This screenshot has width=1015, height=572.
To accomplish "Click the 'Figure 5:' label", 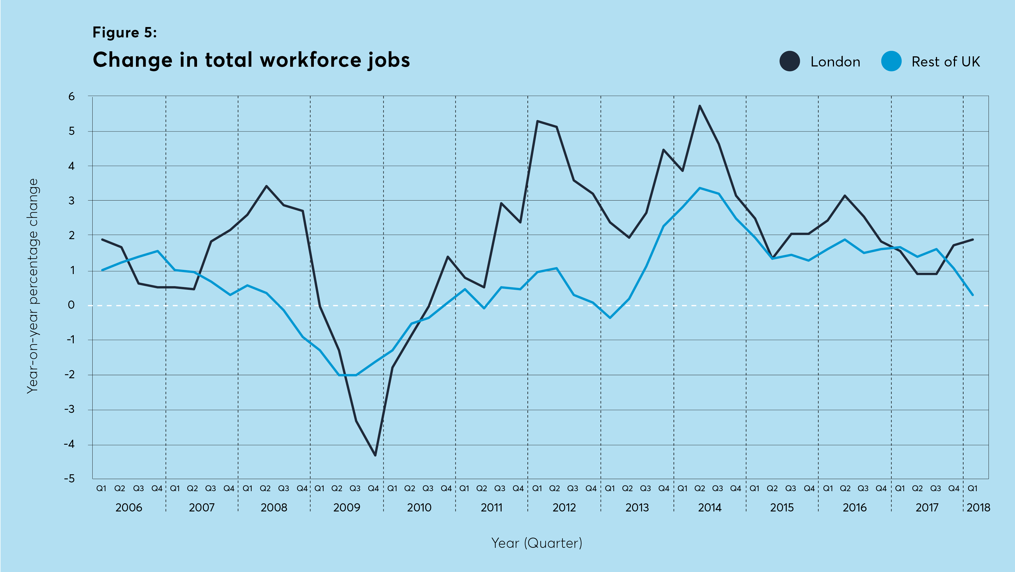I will tap(124, 33).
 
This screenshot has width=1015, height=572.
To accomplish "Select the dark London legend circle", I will tap(790, 61).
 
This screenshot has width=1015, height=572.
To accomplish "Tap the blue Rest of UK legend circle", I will tap(891, 61).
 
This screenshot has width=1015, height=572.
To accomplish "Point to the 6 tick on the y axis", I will tap(71, 97).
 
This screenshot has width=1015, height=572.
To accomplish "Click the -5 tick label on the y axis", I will tap(69, 478).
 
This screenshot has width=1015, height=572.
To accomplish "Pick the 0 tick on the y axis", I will tap(71, 305).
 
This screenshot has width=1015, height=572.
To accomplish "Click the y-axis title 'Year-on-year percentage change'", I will tap(33, 286).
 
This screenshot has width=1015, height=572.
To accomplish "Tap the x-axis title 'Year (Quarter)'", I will tap(537, 543).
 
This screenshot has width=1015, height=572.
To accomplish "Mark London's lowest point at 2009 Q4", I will tap(375, 455).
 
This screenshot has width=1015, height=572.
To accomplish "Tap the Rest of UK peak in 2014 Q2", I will tap(699, 188).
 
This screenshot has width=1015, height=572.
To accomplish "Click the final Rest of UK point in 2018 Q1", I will tap(973, 295).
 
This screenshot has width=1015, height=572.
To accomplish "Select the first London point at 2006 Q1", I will tap(102, 239).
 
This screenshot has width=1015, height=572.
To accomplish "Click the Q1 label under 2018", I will tap(972, 488).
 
